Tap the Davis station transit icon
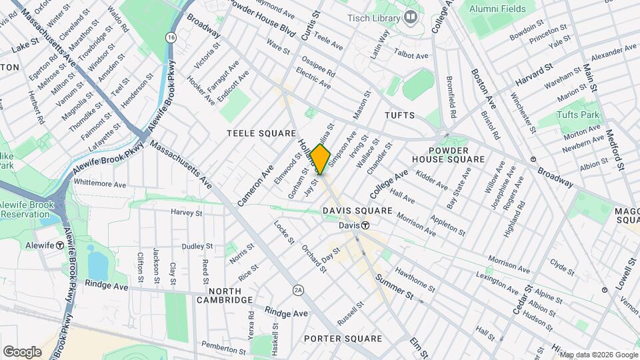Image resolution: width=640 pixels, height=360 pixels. tap(365, 225)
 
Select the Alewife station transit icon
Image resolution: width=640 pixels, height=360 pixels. tap(60, 245)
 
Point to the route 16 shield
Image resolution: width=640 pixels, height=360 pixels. tap(172, 37)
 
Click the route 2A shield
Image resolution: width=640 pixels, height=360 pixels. tap(298, 290)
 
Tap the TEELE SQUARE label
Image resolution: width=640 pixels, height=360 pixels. tap(261, 133)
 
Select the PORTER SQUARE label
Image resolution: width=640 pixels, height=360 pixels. tap(343, 339)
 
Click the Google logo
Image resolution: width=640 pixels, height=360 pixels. tap(22, 351)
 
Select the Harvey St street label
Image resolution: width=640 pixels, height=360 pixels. tap(186, 213)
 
